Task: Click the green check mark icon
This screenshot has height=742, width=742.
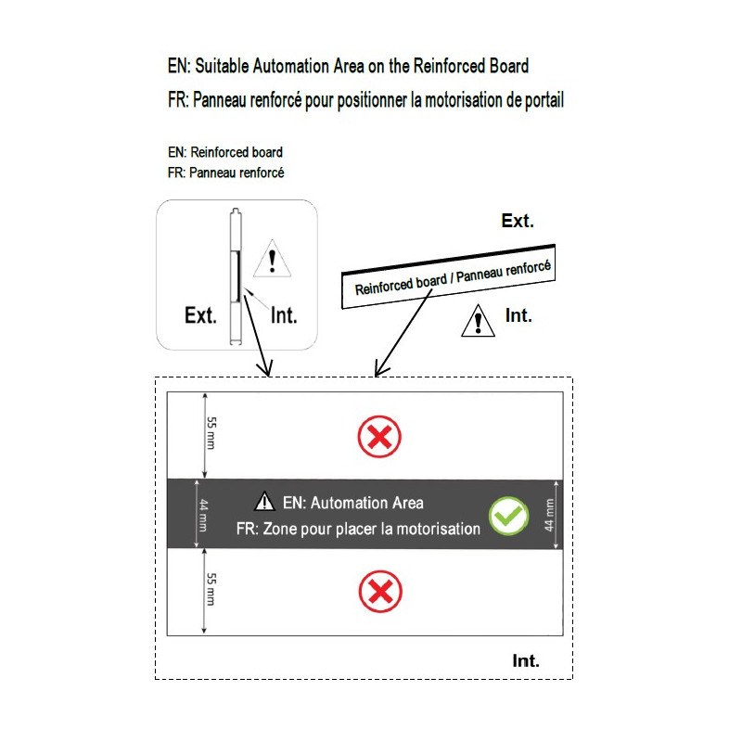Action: pyautogui.click(x=508, y=516)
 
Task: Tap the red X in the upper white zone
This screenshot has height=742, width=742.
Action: pyautogui.click(x=379, y=437)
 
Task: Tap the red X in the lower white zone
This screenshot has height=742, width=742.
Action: pyautogui.click(x=380, y=592)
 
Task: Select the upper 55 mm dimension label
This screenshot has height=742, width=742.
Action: pyautogui.click(x=211, y=433)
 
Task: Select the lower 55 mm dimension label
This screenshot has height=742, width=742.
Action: pyautogui.click(x=211, y=589)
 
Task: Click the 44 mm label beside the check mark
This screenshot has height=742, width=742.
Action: pyautogui.click(x=549, y=515)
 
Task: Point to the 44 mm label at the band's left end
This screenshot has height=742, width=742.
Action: pyautogui.click(x=203, y=515)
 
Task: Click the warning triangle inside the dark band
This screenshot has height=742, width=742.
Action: pyautogui.click(x=264, y=502)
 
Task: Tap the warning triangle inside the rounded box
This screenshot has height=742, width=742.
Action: pyautogui.click(x=272, y=260)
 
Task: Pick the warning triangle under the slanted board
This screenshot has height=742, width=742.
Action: pyautogui.click(x=478, y=321)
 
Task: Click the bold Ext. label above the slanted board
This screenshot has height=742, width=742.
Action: pyautogui.click(x=518, y=221)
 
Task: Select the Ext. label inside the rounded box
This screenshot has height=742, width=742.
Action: pyautogui.click(x=200, y=315)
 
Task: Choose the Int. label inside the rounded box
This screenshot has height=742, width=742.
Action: pyautogui.click(x=284, y=315)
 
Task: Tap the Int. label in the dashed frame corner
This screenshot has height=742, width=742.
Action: pyautogui.click(x=526, y=660)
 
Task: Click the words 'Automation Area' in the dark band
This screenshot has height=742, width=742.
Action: pyautogui.click(x=367, y=503)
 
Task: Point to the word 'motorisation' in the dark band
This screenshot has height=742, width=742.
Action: pyautogui.click(x=438, y=529)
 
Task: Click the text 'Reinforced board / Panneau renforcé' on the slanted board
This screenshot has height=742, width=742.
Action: pyautogui.click(x=453, y=277)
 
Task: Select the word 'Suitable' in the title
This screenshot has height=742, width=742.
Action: pyautogui.click(x=222, y=66)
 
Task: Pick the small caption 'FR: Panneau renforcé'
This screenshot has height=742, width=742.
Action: pyautogui.click(x=225, y=173)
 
